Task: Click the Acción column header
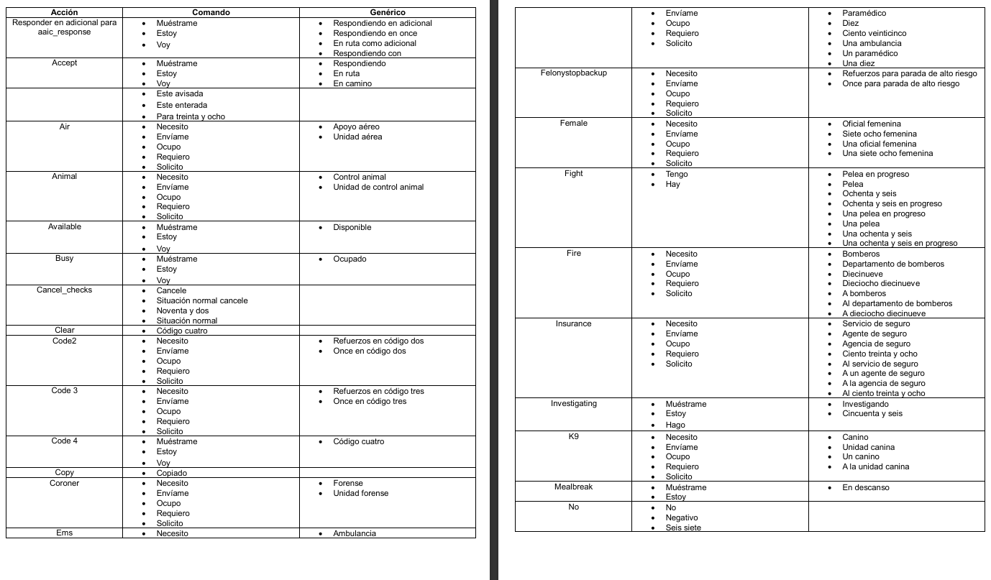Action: [64, 12]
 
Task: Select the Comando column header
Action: [211, 12]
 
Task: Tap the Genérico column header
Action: [387, 12]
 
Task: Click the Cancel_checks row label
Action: [64, 290]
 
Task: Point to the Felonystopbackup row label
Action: [573, 73]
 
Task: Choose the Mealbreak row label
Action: [573, 487]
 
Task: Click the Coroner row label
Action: [64, 483]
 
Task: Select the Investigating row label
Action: [573, 404]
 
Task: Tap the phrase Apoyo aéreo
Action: [356, 126]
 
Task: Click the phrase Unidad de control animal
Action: [378, 187]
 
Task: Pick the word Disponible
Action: [352, 227]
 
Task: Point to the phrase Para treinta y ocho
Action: [191, 116]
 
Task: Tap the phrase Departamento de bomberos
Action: [893, 264]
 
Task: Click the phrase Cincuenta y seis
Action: [872, 413]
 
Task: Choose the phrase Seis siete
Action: [683, 528]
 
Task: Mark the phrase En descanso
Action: [866, 487]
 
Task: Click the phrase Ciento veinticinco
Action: [874, 33]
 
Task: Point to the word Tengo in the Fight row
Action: [677, 174]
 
